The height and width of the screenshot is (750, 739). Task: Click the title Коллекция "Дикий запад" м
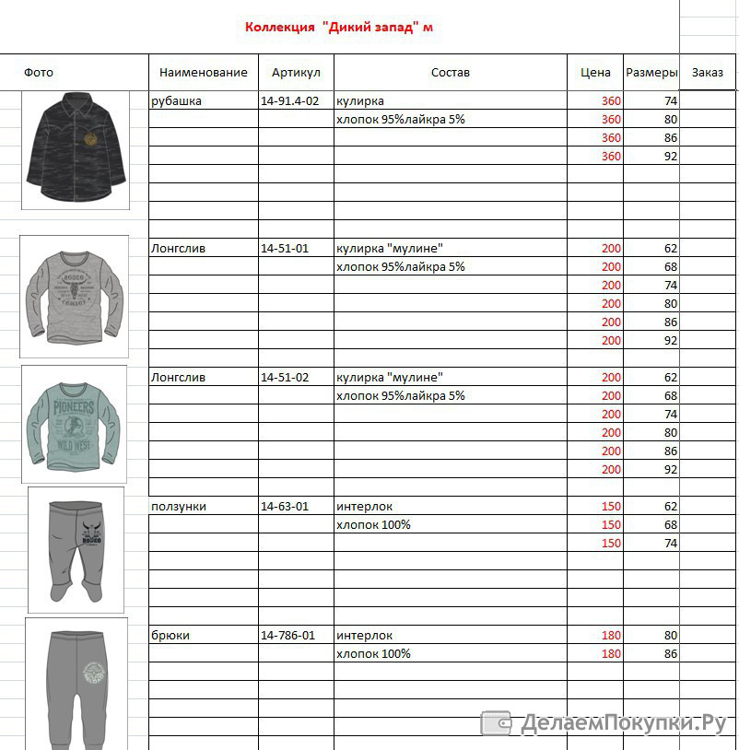pos(339,27)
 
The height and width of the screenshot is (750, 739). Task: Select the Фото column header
pos(39,73)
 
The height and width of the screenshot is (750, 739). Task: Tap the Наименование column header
pos(203,73)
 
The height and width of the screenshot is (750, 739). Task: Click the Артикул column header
pos(296,73)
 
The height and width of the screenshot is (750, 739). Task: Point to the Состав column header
pos(450,73)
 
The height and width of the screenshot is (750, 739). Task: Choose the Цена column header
pos(595,73)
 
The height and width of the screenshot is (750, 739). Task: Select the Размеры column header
pos(651,73)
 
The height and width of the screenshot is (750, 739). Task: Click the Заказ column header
pos(708,73)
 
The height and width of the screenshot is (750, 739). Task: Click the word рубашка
pos(176,100)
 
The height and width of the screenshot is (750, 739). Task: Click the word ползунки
pos(179,506)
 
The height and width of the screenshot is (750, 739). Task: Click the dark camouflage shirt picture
pos(76,150)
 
